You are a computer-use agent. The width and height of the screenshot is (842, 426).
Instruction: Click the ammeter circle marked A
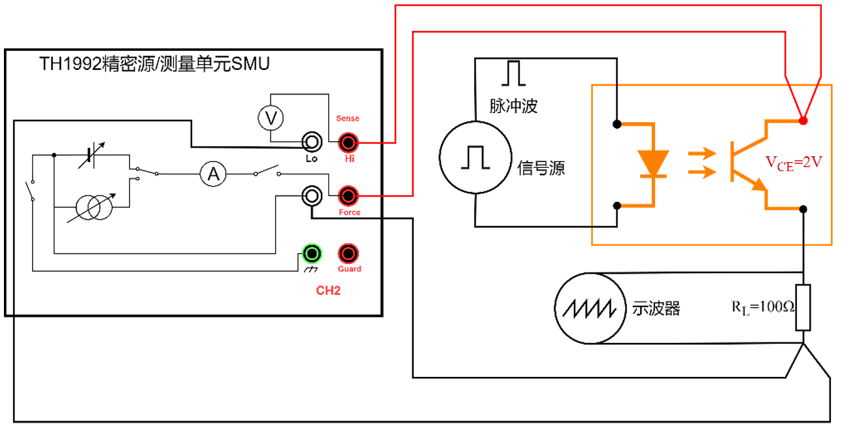(x=212, y=174)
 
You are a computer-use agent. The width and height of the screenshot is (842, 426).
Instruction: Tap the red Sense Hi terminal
(x=347, y=142)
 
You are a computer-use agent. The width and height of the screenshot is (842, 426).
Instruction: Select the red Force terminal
(x=347, y=195)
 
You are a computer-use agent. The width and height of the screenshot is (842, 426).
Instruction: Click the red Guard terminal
(x=347, y=253)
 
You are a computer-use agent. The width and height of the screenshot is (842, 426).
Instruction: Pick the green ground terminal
(x=311, y=253)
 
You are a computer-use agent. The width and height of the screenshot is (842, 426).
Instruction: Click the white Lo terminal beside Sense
(x=311, y=142)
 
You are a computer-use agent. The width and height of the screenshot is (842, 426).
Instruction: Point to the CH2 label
(x=328, y=290)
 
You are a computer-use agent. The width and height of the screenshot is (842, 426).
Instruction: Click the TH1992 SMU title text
(x=154, y=64)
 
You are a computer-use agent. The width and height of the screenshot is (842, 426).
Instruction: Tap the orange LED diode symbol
(x=652, y=163)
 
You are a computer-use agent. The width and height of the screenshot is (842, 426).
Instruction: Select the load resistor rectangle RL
(x=803, y=307)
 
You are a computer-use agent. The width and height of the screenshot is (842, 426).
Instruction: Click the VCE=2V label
(x=792, y=163)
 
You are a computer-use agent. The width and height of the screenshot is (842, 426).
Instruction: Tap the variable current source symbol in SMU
(x=94, y=207)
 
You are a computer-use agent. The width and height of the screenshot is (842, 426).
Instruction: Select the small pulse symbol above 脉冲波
(x=513, y=74)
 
